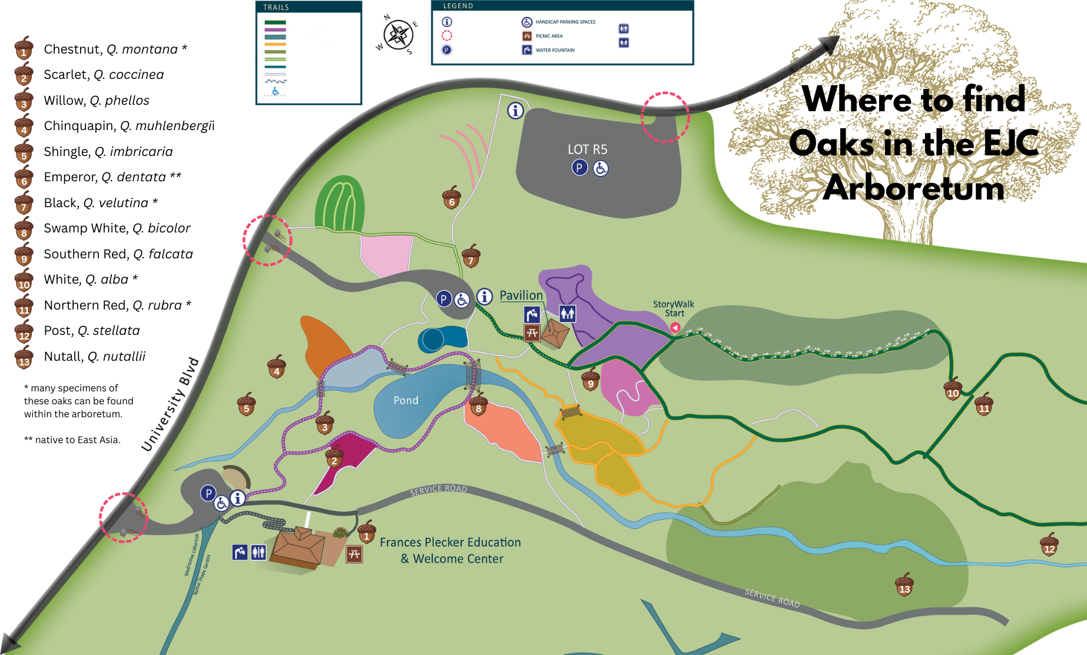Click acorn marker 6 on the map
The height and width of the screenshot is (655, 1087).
pyautogui.click(x=452, y=198)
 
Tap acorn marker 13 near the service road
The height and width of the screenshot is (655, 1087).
pyautogui.click(x=904, y=585)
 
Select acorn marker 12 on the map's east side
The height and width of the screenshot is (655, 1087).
pyautogui.click(x=1049, y=545)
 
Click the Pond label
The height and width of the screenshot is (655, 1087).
pyautogui.click(x=406, y=400)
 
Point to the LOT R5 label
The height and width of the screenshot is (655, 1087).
pyautogui.click(x=587, y=149)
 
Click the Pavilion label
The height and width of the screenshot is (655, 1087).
pyautogui.click(x=521, y=295)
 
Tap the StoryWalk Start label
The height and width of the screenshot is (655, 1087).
pyautogui.click(x=674, y=308)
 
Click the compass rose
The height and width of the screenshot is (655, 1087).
pyautogui.click(x=399, y=35)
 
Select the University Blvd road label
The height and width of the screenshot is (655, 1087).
pyautogui.click(x=170, y=405)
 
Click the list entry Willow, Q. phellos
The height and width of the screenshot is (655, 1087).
pyautogui.click(x=97, y=101)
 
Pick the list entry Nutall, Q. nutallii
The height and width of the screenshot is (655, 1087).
pyautogui.click(x=95, y=357)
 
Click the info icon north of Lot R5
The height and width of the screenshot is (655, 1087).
pyautogui.click(x=515, y=111)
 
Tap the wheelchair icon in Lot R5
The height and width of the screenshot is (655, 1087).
pyautogui.click(x=601, y=168)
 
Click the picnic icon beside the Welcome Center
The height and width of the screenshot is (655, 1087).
pyautogui.click(x=354, y=554)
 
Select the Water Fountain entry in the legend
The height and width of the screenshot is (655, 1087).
pyautogui.click(x=555, y=50)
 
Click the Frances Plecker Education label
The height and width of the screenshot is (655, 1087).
pyautogui.click(x=450, y=543)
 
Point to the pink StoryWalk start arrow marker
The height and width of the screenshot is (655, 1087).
pyautogui.click(x=675, y=327)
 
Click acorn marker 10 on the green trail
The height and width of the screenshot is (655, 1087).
pyautogui.click(x=953, y=390)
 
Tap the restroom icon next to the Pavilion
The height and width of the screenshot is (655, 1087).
pyautogui.click(x=567, y=314)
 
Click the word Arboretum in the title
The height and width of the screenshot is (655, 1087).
pyautogui.click(x=913, y=188)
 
